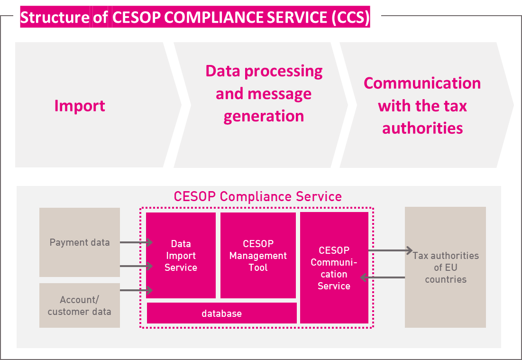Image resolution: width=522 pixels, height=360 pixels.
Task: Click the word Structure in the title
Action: [55, 17]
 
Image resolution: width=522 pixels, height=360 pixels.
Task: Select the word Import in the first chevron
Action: [80, 106]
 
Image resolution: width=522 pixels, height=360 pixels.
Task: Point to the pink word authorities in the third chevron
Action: [422, 128]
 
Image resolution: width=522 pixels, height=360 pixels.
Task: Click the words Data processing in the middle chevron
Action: [264, 71]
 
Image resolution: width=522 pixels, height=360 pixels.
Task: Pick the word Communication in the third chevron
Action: [422, 83]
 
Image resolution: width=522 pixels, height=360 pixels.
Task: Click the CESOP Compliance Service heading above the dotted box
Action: [257, 196]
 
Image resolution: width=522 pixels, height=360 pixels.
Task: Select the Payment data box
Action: [80, 242]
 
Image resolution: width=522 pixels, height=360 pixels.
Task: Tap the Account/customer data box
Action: [80, 305]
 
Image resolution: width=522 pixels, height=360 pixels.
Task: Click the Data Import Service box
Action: [181, 256]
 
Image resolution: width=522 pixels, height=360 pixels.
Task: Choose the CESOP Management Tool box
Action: [258, 256]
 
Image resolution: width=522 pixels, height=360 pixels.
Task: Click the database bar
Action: [222, 313]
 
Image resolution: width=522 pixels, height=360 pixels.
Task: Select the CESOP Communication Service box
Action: [334, 268]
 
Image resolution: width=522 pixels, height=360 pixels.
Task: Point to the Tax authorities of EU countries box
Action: [446, 267]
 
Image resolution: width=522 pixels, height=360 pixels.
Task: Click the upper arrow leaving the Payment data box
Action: [136, 242]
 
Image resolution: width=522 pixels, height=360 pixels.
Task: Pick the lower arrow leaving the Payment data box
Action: [136, 266]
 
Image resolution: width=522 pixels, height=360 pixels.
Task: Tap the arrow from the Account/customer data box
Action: [136, 290]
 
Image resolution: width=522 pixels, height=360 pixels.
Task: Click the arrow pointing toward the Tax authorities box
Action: [391, 250]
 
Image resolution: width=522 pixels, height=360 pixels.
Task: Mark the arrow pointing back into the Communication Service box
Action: [383, 277]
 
